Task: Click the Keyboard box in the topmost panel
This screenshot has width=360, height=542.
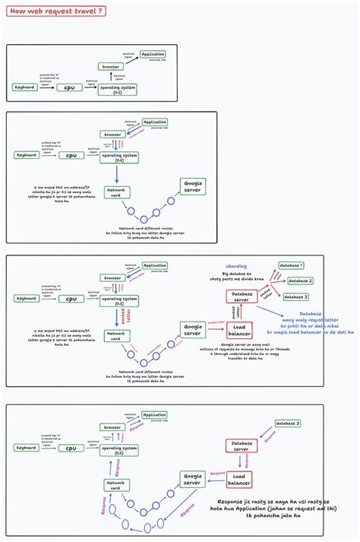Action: coord(25,87)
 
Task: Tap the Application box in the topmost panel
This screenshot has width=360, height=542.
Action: coord(154,54)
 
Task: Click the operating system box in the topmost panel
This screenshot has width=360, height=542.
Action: coord(118,89)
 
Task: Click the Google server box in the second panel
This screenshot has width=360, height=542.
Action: coord(192,185)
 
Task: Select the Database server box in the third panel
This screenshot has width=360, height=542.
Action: coord(242,297)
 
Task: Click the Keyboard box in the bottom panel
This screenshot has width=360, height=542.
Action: coord(25,448)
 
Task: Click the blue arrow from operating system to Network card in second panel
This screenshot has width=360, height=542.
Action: coord(117,173)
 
